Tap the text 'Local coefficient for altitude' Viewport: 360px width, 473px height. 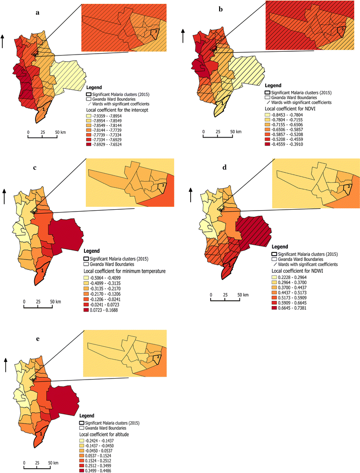[108, 434]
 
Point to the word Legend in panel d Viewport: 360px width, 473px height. [280, 247]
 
